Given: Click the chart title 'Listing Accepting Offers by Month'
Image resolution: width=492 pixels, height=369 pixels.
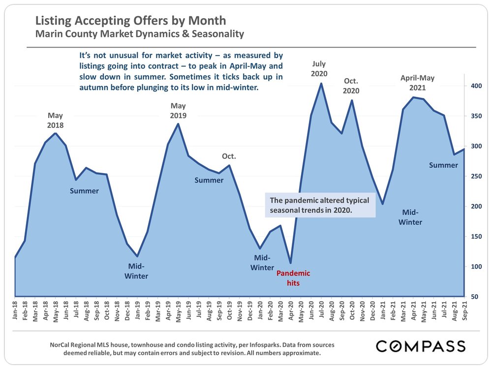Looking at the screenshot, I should point(131,21).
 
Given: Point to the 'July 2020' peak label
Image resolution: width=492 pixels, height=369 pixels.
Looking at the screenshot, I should point(319,69).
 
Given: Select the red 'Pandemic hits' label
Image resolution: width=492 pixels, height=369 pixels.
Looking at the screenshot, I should point(293,278).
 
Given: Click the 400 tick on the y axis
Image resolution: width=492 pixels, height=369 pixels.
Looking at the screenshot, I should point(475,86).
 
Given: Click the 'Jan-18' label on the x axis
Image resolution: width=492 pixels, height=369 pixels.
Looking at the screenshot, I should point(16,311).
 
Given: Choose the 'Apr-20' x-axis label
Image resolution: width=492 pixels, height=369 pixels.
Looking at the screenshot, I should point(290,311).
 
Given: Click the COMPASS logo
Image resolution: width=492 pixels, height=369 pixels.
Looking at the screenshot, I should point(421,346).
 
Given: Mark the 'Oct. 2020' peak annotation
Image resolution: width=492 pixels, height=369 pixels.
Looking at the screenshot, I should point(351,86).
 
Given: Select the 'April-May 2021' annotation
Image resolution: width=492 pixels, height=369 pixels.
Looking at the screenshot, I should point(417,83).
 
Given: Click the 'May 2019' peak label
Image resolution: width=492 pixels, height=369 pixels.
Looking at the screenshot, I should point(178,111).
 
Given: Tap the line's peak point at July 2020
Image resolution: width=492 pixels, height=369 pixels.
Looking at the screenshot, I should point(321,83).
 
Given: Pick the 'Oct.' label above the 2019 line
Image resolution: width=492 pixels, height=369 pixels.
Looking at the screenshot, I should point(229,156).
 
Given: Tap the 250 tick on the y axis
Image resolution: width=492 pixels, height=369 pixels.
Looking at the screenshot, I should point(475,176).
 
